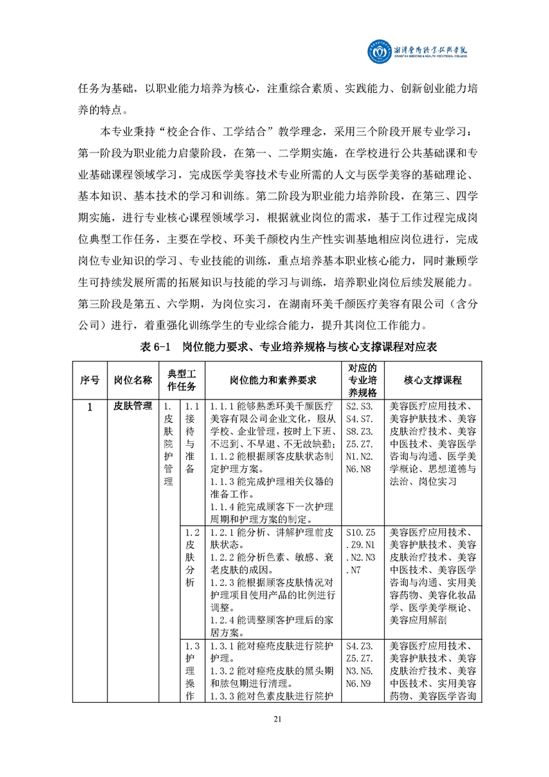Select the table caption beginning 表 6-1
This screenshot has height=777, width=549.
[274, 347]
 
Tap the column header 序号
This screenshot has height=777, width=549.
[89, 379]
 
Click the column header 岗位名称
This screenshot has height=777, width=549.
[133, 379]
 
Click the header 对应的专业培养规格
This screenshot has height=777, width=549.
[361, 379]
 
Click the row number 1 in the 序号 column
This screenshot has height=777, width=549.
[89, 407]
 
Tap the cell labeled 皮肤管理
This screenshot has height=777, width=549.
[133, 407]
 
